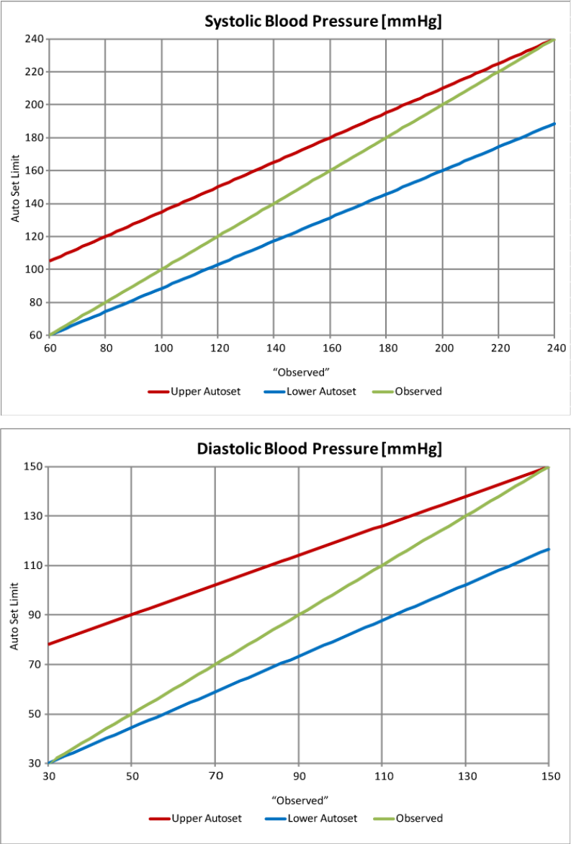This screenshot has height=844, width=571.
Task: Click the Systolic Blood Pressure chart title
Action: click(323, 22)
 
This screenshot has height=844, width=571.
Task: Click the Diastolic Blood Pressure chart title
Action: click(320, 449)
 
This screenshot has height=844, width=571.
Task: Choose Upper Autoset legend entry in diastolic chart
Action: click(195, 818)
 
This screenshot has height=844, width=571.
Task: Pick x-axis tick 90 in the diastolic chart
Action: click(298, 776)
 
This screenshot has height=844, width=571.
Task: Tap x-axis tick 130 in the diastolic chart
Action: click(465, 776)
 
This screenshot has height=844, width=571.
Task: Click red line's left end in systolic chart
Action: click(50, 261)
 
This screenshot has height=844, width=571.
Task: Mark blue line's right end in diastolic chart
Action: click(549, 549)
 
